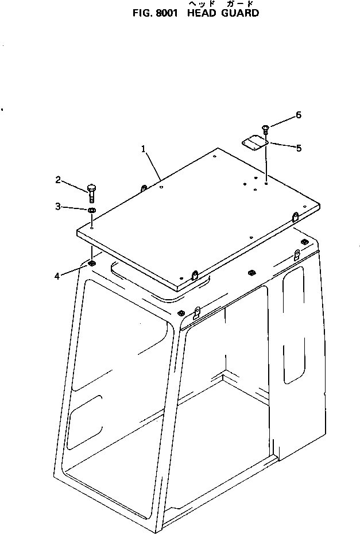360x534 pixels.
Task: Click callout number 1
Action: [144, 149]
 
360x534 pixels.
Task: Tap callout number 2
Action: [58, 180]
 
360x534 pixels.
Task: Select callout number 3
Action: [58, 206]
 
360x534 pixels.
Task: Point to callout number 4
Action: [57, 276]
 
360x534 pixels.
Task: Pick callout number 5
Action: [299, 148]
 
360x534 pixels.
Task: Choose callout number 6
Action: [299, 115]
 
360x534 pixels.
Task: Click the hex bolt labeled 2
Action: [91, 193]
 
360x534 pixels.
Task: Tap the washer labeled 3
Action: [91, 210]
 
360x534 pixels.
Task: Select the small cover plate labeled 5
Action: [254, 143]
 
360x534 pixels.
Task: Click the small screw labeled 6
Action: [265, 129]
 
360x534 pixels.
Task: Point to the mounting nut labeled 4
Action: [91, 263]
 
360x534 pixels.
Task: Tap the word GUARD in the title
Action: [240, 13]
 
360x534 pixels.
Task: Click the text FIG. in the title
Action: [142, 13]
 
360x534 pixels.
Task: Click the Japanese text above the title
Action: [221, 4]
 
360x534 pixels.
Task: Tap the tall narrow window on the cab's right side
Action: [293, 324]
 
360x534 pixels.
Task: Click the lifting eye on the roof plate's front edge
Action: [195, 274]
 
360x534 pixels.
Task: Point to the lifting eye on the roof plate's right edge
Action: [295, 217]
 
